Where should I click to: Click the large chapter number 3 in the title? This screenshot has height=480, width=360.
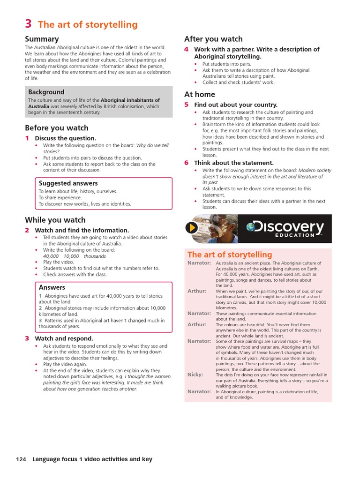(x=28, y=24)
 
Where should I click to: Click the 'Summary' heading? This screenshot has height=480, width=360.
(x=42, y=39)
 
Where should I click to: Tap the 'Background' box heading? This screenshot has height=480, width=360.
(x=46, y=92)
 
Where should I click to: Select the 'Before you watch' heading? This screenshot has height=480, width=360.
(x=56, y=127)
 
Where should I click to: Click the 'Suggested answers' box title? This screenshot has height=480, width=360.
(x=68, y=183)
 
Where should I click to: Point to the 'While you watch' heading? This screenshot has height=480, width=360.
(x=55, y=220)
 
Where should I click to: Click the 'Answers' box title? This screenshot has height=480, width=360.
(x=52, y=287)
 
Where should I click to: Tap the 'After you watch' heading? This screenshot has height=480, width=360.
(x=213, y=39)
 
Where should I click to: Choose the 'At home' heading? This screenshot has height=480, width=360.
(x=200, y=94)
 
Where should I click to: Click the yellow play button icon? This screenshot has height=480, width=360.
(x=191, y=228)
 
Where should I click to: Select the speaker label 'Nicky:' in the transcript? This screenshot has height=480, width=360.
(x=195, y=375)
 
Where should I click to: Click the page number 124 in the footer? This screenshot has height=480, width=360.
(x=21, y=459)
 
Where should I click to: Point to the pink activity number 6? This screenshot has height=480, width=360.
(x=186, y=163)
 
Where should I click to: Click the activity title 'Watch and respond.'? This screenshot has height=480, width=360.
(x=64, y=338)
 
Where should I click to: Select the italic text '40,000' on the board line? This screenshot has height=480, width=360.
(x=51, y=256)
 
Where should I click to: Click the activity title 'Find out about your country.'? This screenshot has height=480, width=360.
(x=236, y=105)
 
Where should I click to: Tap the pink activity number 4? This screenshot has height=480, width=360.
(x=186, y=49)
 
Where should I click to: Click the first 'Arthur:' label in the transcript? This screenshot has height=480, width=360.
(x=197, y=291)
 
